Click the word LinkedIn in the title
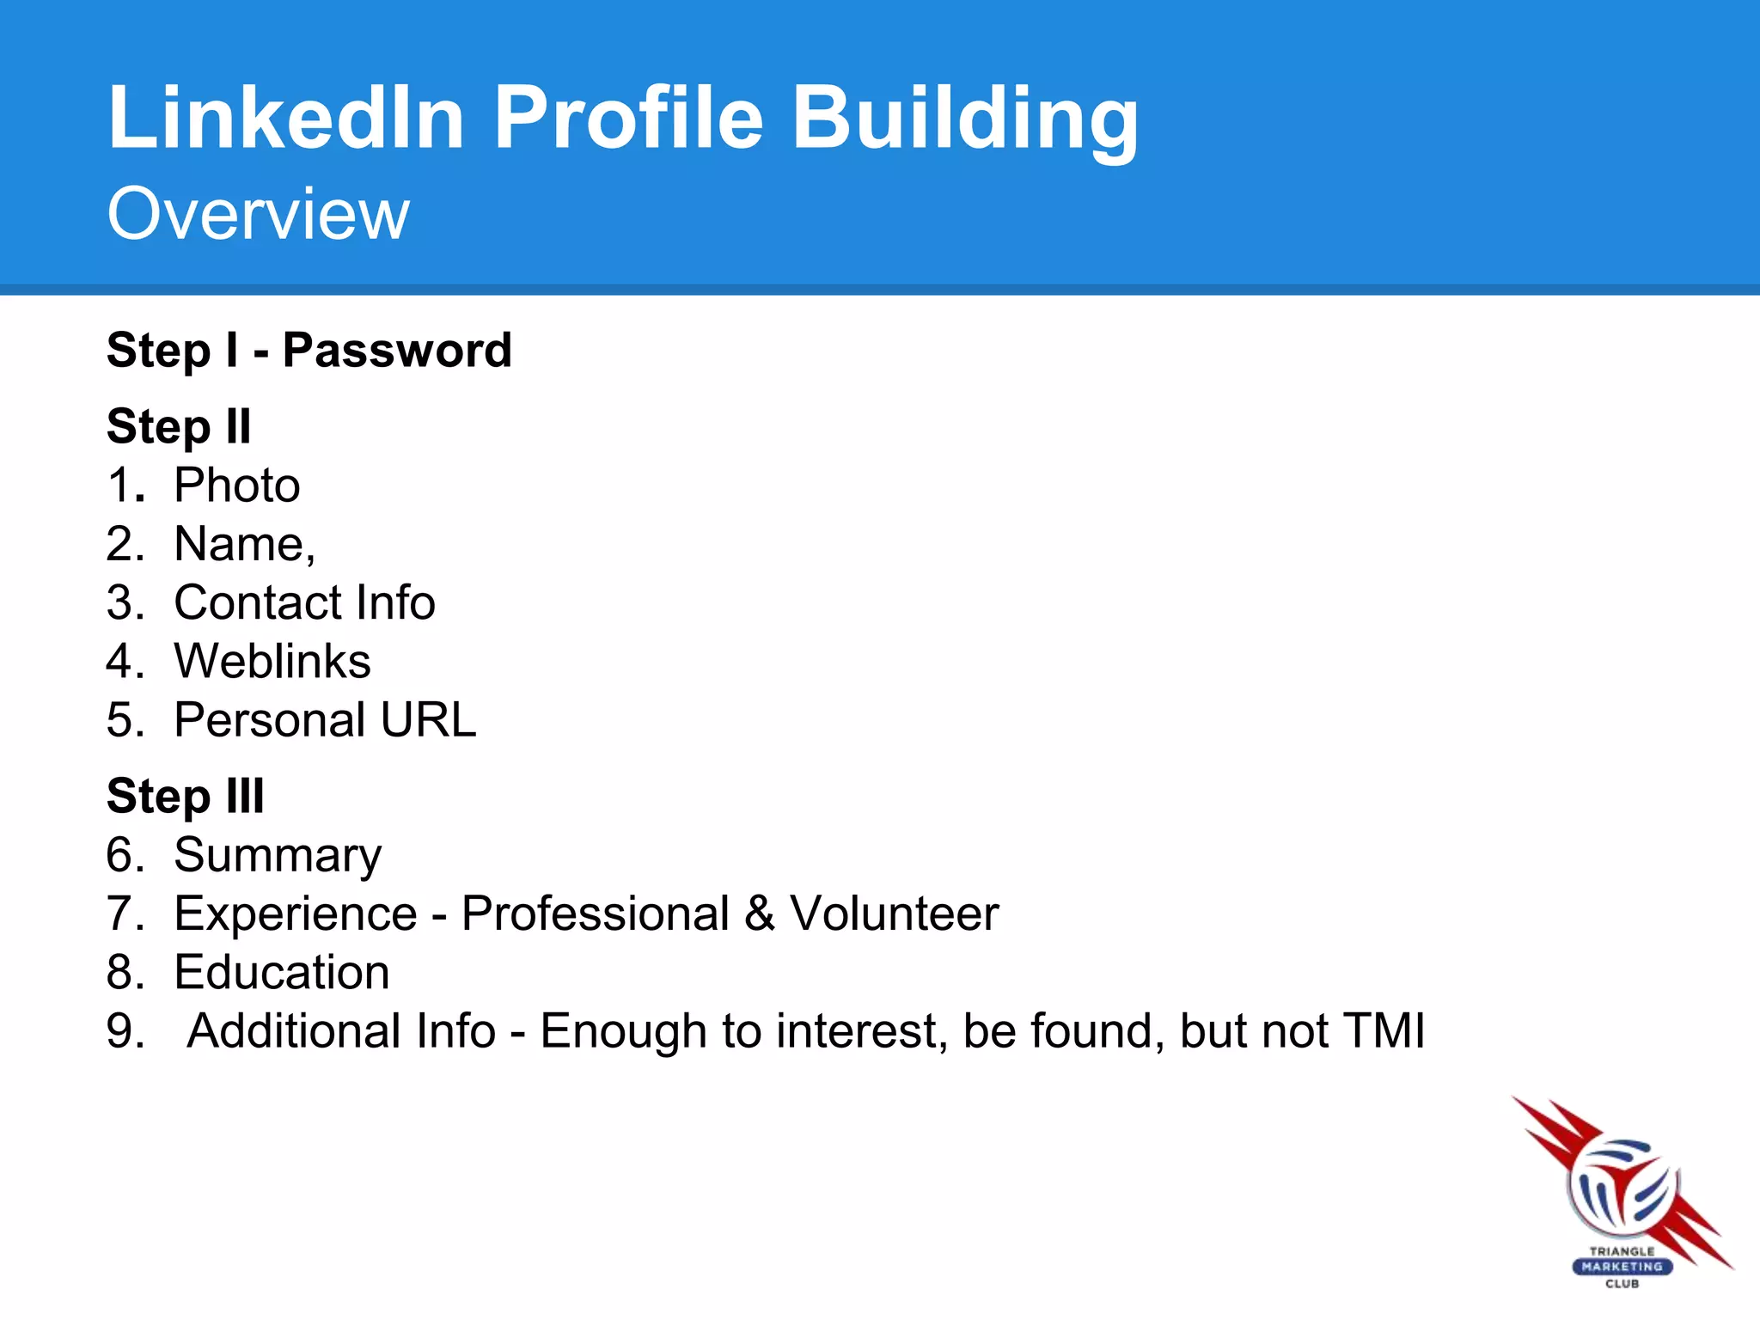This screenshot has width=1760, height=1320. coord(286,118)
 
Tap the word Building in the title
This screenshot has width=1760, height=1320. coord(964,118)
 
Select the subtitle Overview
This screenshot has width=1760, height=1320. coord(258,214)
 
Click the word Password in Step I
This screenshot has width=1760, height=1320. coord(397,351)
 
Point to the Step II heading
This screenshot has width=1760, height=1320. coord(179,426)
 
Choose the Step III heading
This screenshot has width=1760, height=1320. coord(185,796)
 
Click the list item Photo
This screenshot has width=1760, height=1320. coord(237,486)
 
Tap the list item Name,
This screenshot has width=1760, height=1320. coord(245,544)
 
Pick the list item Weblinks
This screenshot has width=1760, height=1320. coord(272,661)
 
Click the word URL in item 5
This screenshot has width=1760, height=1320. coord(428,719)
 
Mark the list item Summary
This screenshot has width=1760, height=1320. coord(278,855)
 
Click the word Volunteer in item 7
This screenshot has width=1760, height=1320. coord(894,914)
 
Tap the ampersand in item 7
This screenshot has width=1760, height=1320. coord(760,914)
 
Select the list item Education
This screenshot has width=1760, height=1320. coord(282,972)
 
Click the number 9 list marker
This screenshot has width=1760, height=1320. coord(125,1030)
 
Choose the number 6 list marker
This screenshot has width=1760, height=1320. coord(125,855)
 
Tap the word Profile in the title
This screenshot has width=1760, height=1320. coord(628,118)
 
